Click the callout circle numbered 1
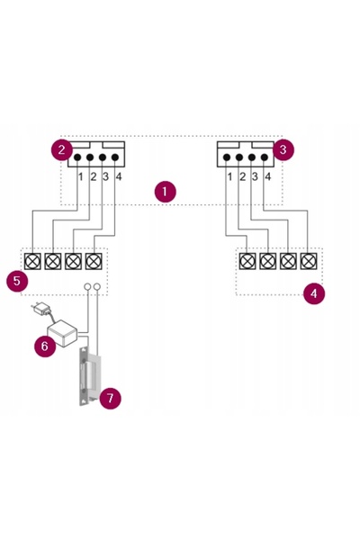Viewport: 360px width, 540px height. coord(165,192)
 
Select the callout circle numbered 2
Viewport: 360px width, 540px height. coord(62,149)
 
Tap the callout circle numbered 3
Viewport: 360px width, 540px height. coord(283,149)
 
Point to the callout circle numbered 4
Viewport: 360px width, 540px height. coord(314,293)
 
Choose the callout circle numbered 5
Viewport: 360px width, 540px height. coord(17,281)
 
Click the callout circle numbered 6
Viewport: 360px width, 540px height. coord(45,346)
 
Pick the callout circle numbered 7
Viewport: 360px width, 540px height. coord(110,399)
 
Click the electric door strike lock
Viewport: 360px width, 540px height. coord(89,376)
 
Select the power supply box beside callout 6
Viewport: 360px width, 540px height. coord(63,333)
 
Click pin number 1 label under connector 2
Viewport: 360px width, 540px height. coord(81,177)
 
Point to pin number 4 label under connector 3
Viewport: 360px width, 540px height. coord(267,177)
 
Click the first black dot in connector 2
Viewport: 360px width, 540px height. coord(77,157)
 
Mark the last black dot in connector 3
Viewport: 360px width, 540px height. coord(265,157)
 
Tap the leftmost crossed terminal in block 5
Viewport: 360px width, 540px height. coord(32,261)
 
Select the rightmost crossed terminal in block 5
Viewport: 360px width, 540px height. coord(94,261)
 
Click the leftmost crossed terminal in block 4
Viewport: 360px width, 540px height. coord(247,261)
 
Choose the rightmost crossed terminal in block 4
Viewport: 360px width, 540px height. coord(309,261)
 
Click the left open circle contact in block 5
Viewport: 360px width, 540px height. coord(88,286)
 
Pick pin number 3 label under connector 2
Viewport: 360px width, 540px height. coord(105,177)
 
